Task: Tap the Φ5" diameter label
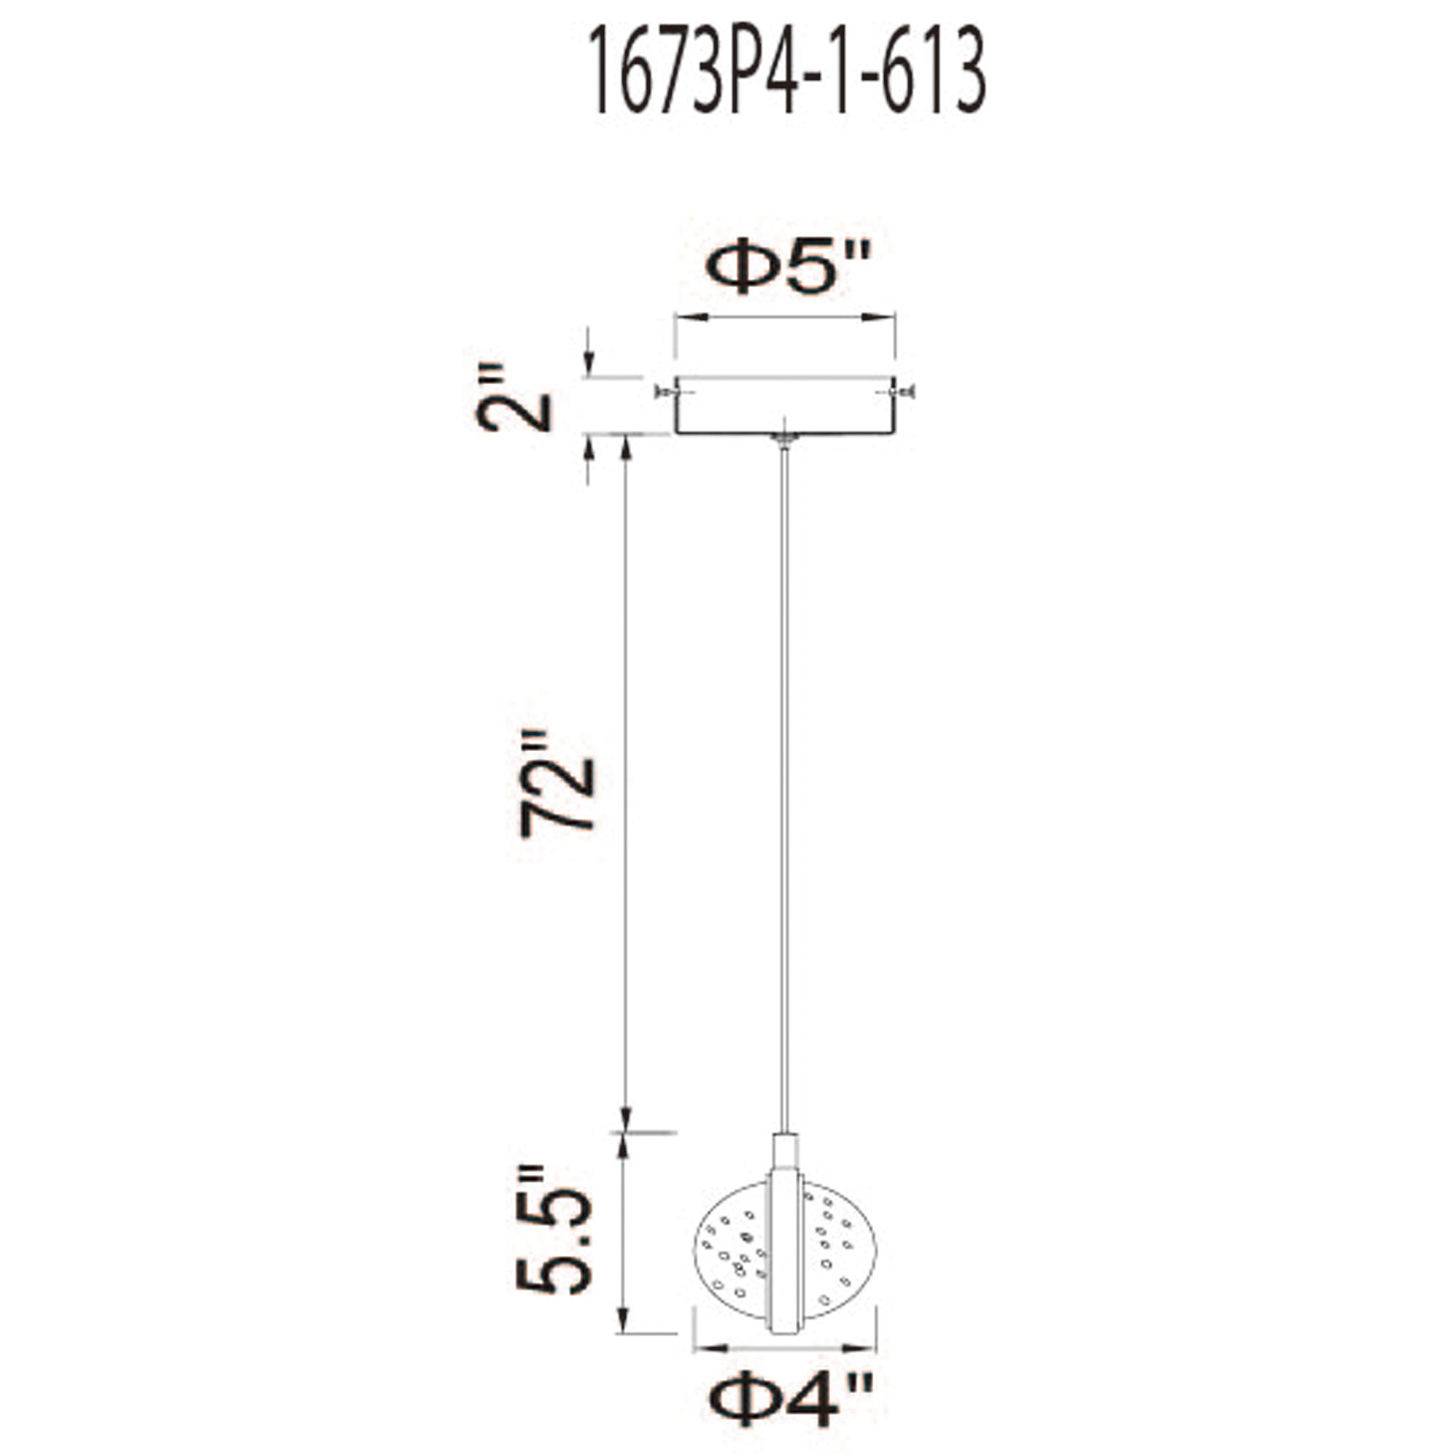(787, 270)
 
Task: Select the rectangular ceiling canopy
(785, 406)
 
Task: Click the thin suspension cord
(785, 790)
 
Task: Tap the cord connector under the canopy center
(785, 441)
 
